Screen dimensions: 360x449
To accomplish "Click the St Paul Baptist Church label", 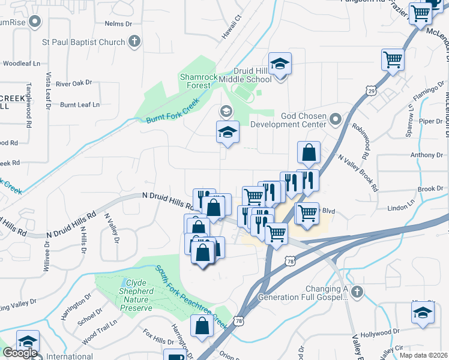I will (x=83, y=42).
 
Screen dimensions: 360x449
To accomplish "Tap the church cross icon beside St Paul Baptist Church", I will (x=134, y=41).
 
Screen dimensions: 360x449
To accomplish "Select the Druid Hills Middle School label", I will (x=252, y=75).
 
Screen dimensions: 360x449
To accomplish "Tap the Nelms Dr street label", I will (x=118, y=24).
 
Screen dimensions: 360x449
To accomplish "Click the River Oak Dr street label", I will (x=74, y=83).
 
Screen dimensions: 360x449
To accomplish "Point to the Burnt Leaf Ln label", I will (x=80, y=105).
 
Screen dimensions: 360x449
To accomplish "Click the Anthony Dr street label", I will (x=427, y=155).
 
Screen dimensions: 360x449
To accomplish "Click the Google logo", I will (x=19, y=353).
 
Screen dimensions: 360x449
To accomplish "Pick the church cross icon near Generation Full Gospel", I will (x=357, y=292).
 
